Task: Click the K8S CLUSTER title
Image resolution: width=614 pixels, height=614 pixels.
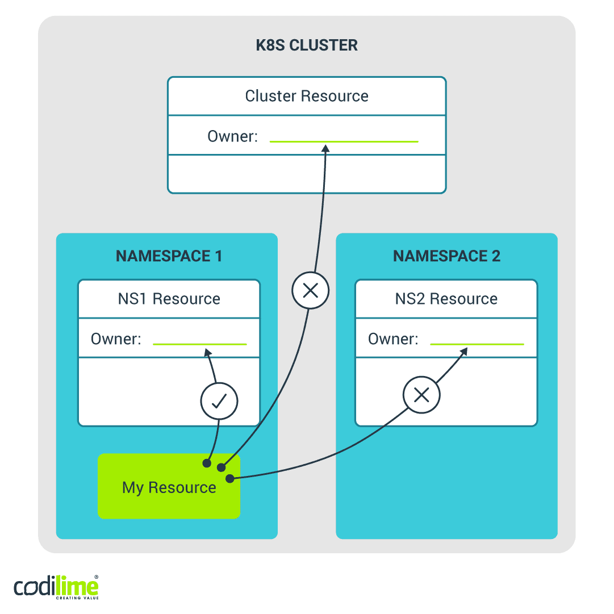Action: click(307, 45)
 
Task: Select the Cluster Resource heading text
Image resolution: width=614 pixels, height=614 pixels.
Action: click(307, 96)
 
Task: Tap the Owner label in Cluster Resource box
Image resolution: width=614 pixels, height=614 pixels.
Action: click(232, 136)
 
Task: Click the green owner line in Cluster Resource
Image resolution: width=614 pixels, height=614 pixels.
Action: click(344, 141)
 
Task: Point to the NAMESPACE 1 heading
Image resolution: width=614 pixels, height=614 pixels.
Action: click(169, 256)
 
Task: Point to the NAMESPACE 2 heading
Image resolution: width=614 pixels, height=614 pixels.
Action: click(446, 256)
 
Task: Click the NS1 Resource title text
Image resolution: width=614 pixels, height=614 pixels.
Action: click(169, 299)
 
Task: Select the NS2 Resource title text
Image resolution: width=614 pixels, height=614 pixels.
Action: click(446, 299)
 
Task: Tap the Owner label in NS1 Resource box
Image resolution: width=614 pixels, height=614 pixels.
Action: click(116, 339)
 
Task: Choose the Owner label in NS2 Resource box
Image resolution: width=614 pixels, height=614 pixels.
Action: click(393, 339)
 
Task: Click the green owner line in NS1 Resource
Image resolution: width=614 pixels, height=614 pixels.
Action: click(200, 344)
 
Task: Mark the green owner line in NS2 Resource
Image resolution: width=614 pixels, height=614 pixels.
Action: click(477, 344)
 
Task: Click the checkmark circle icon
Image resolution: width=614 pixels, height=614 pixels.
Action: click(219, 402)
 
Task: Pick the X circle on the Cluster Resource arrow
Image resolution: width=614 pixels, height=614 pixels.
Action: click(310, 291)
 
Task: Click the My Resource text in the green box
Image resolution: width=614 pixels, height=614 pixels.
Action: click(169, 487)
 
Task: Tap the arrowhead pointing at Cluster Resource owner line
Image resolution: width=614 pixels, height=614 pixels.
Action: click(325, 148)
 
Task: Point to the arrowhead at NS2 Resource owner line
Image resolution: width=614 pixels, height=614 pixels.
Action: click(463, 352)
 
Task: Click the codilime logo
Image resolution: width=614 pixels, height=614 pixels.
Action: click(56, 587)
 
